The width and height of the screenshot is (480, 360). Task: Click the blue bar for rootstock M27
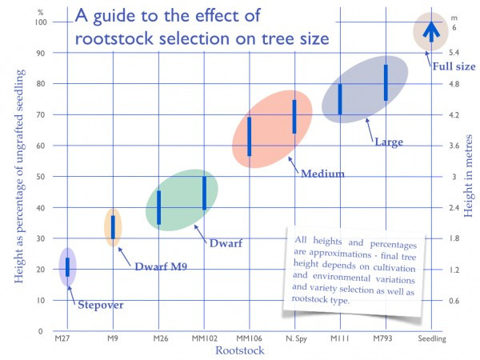coord(68,267)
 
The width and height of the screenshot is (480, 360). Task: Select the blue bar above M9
coord(113,227)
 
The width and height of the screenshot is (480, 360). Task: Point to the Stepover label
coord(100,304)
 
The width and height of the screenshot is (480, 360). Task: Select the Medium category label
coord(322,174)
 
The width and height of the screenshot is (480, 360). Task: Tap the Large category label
coord(389,142)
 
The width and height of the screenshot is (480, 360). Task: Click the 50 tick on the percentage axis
coord(37,177)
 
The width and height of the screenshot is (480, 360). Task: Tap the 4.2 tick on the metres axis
coord(454,114)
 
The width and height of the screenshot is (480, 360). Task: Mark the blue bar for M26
coord(159,207)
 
